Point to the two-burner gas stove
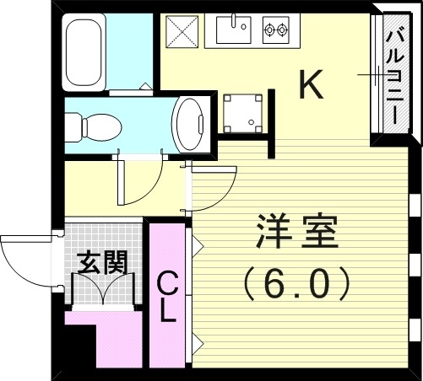coord(275,32)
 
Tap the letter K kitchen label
coord(312,85)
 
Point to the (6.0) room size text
coord(296,284)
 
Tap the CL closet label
coord(168,295)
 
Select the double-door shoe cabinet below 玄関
coord(104,291)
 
